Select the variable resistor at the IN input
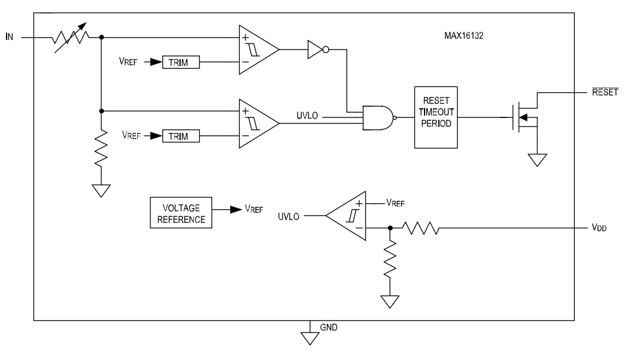pos(71,38)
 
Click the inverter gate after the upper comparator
pos(317,50)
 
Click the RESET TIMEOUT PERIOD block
pos(435,117)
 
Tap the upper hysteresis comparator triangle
pos(256,50)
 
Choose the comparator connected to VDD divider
pos(349,216)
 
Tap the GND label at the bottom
pos(329,328)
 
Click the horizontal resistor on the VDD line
pos(420,228)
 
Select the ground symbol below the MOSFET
pos(538,159)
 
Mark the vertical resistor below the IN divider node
pos(101,149)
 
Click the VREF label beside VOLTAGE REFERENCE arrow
pos(254,210)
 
